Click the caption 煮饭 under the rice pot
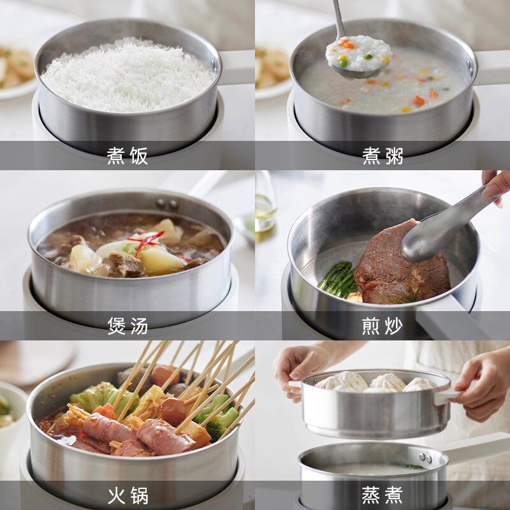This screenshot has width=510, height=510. click(127, 156)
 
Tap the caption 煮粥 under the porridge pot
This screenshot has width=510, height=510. click(382, 156)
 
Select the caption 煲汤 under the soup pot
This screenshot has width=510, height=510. click(127, 325)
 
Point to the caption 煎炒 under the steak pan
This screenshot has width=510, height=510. click(382, 325)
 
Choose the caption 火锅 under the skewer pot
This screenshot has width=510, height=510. click(127, 495)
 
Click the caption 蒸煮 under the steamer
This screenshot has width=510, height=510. click(382, 495)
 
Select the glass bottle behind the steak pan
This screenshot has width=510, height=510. click(265, 204)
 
